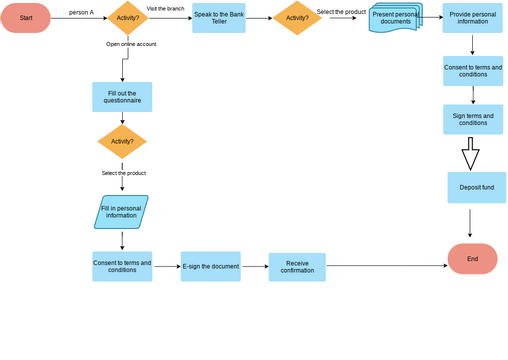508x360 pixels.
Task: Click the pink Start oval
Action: pos(26,18)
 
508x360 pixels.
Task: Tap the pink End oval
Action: pos(472,258)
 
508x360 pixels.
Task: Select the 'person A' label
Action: pos(82,12)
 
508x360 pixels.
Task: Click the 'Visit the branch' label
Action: pos(164,8)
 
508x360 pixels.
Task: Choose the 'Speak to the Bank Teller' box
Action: pos(219,18)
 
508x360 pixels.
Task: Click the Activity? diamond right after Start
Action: pos(128,18)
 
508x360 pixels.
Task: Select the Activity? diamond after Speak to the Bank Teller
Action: pos(298,18)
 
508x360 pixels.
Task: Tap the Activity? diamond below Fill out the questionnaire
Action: pos(122,141)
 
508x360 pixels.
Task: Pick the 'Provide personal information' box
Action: pos(473,17)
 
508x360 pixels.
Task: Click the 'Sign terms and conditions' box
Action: pos(473,119)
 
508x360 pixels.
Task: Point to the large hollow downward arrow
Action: pos(470,154)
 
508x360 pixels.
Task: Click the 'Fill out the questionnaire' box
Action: pos(122,97)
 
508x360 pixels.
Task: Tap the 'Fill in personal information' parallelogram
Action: pos(121,211)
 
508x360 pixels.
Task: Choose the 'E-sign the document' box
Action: pos(210,266)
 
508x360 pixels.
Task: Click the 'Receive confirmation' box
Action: pos(298,266)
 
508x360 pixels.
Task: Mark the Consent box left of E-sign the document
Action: pos(122,266)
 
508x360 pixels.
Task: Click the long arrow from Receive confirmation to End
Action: pos(385,266)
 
